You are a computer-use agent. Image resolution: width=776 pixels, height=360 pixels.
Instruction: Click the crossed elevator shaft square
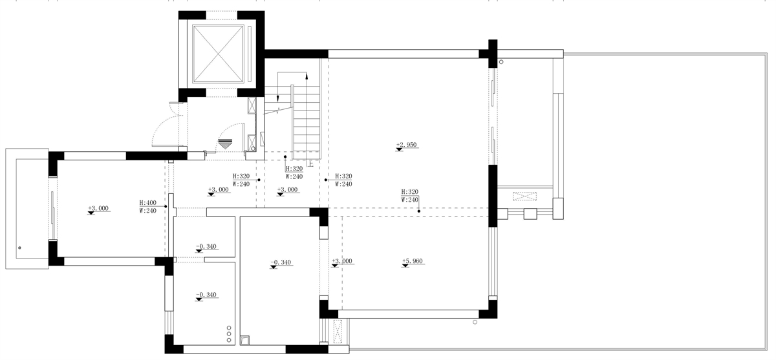click(x=218, y=54)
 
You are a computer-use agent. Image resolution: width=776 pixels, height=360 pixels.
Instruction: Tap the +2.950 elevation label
click(x=406, y=145)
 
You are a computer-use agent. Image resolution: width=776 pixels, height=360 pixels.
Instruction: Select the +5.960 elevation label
click(x=413, y=261)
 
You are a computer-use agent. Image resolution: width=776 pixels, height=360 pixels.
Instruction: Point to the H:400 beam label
click(x=148, y=202)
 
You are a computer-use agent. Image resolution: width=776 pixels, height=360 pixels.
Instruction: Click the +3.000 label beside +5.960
click(x=342, y=261)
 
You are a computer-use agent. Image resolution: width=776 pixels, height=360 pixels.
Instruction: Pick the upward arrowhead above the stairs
click(x=307, y=76)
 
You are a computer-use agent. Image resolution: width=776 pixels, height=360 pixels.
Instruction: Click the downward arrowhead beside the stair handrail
click(x=278, y=98)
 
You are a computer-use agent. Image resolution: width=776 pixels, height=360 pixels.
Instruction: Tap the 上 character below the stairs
click(x=310, y=164)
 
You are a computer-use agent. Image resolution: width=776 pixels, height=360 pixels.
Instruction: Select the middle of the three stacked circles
click(x=229, y=334)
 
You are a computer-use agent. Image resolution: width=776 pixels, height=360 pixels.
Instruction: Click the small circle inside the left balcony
click(x=20, y=248)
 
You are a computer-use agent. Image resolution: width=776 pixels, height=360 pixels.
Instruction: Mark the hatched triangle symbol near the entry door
click(x=225, y=144)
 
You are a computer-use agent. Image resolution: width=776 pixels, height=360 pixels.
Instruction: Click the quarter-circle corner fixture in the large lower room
click(x=244, y=341)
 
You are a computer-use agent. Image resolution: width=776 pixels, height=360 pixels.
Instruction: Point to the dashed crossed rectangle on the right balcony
click(x=524, y=196)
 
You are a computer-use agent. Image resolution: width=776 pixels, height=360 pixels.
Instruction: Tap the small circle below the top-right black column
click(x=501, y=62)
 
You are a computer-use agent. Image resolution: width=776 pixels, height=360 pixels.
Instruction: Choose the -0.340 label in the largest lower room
click(x=281, y=262)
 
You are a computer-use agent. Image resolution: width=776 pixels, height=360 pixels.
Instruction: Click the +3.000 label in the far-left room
click(x=98, y=208)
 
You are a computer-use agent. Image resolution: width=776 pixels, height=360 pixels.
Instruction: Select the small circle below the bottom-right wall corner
click(x=475, y=323)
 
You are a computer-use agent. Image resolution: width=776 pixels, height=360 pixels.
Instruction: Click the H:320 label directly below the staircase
click(x=294, y=169)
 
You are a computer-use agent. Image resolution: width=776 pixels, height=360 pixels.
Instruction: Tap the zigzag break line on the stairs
click(x=279, y=111)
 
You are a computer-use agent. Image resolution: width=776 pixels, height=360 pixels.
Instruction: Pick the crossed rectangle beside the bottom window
click(x=338, y=332)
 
